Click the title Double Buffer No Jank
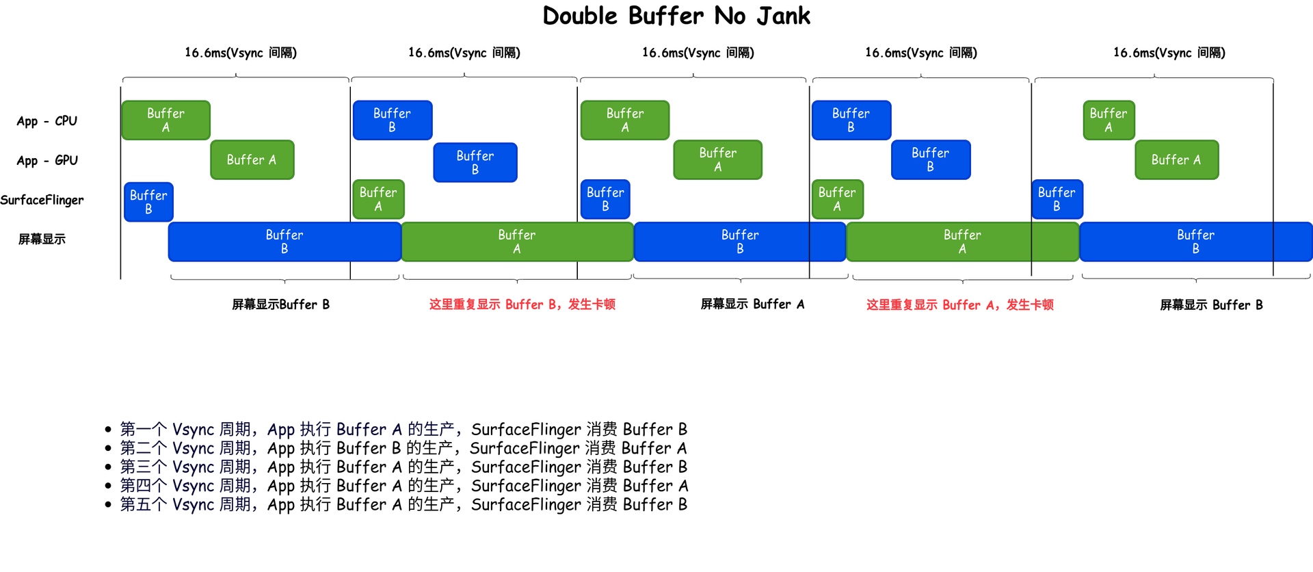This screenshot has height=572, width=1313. (x=676, y=16)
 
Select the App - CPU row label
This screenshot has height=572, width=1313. (x=47, y=121)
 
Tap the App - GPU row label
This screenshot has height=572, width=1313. (x=47, y=161)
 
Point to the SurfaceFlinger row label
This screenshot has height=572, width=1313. (x=42, y=200)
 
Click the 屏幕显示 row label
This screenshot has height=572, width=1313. (x=42, y=239)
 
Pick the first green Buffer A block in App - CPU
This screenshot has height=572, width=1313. (x=165, y=120)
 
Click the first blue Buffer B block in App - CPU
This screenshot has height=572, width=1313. (x=392, y=120)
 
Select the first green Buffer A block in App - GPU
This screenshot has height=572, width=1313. (x=252, y=159)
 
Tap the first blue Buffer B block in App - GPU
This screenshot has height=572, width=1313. (x=475, y=162)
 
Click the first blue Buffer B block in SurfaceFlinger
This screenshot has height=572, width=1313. (x=148, y=202)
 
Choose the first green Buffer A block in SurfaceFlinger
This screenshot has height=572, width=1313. (x=377, y=199)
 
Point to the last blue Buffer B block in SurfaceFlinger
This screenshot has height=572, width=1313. (x=1057, y=199)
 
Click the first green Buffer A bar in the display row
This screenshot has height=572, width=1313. (x=517, y=242)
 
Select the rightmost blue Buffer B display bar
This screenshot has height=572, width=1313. (x=1195, y=242)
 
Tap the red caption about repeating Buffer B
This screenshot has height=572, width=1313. (x=522, y=304)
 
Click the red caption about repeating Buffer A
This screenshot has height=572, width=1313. (x=959, y=304)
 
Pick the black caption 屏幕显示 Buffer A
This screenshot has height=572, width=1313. (x=752, y=304)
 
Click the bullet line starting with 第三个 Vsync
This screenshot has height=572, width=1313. (x=403, y=467)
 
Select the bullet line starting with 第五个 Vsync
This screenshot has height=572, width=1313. (x=403, y=504)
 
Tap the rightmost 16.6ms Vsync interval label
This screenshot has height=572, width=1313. (x=1169, y=53)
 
